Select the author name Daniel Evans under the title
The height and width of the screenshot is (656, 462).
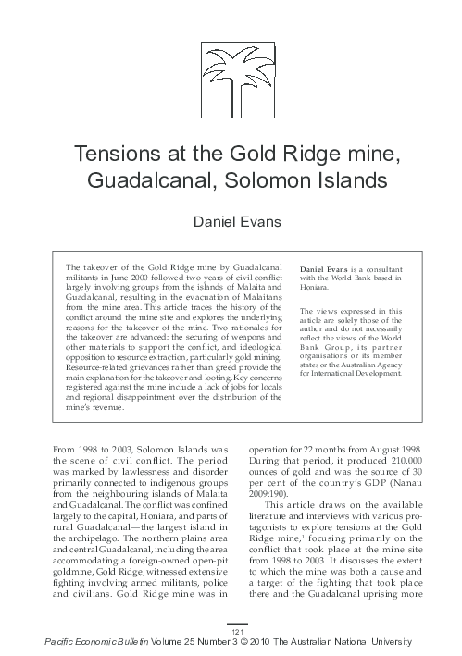(x=231, y=222)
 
